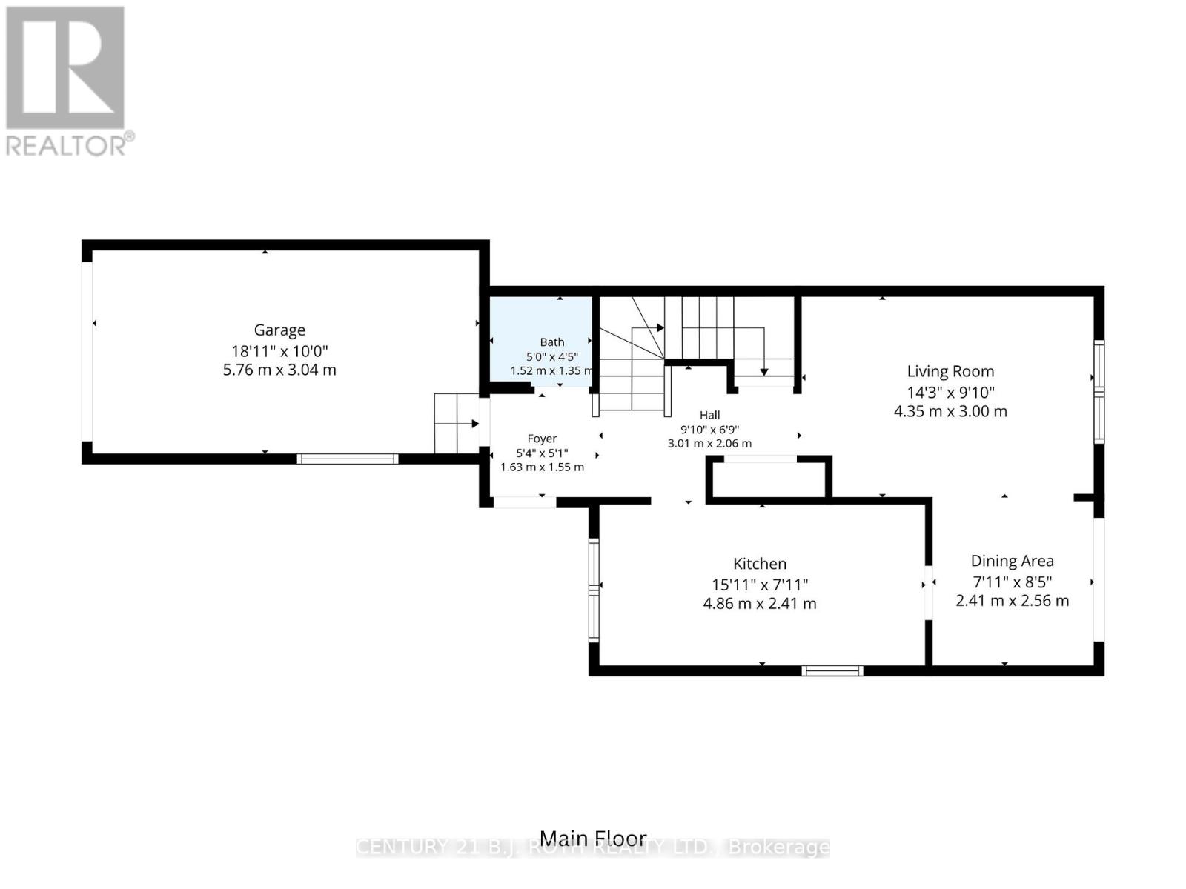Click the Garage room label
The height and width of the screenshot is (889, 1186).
(279, 330)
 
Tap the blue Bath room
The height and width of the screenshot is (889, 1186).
(540, 341)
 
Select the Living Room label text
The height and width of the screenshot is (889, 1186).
(950, 371)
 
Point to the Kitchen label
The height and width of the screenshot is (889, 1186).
(760, 564)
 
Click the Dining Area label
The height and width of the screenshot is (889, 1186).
(1012, 561)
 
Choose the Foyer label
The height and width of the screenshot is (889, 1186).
(542, 439)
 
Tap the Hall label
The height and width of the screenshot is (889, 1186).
(710, 415)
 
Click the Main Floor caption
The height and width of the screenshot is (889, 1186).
(593, 838)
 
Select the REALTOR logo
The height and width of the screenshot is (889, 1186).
(66, 81)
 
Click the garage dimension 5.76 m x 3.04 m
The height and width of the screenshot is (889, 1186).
(279, 370)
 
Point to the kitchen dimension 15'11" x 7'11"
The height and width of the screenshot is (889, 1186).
(760, 585)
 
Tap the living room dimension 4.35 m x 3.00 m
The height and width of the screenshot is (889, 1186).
(950, 411)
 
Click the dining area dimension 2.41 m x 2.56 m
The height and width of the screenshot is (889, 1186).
(1012, 601)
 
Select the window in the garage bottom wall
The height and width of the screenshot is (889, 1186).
(348, 459)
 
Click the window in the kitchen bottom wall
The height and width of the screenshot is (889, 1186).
(832, 670)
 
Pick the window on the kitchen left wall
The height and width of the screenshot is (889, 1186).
(594, 590)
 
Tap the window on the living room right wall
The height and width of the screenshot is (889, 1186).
(1099, 391)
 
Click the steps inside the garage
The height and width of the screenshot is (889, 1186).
(457, 424)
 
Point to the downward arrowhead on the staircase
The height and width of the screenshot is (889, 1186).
(764, 372)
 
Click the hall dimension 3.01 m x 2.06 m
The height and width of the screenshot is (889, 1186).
(710, 444)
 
